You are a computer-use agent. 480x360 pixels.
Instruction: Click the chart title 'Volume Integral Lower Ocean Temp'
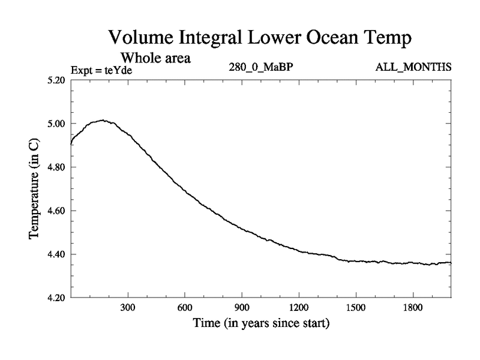(x=261, y=38)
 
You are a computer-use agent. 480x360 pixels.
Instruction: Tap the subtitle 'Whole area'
(x=156, y=58)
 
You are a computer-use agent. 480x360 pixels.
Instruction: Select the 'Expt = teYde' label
(x=101, y=70)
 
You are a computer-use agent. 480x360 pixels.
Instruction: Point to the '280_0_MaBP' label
(x=261, y=67)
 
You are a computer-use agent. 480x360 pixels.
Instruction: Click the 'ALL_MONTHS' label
(x=413, y=67)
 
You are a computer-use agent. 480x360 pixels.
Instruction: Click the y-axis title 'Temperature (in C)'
(x=35, y=189)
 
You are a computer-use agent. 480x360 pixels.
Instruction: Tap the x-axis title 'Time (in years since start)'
(x=261, y=324)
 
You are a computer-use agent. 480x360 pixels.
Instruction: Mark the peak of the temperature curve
(x=103, y=120)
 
